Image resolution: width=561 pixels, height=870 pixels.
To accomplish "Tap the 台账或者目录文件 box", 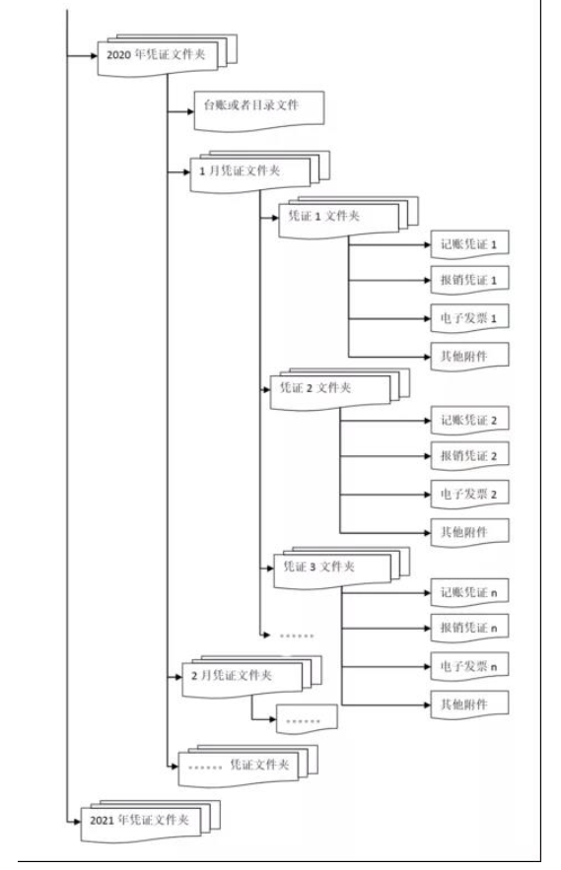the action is [259, 111].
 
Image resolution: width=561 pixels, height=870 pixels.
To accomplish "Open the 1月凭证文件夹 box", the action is [250, 173].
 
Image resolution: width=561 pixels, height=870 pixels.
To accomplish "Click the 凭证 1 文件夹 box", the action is [339, 218].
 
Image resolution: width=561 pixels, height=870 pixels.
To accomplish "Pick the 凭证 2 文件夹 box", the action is [330, 389].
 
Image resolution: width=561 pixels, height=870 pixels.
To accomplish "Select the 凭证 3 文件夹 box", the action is [332, 569].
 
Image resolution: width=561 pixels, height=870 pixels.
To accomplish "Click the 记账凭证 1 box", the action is [469, 244].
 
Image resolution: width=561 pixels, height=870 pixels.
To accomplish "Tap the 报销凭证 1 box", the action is [469, 280].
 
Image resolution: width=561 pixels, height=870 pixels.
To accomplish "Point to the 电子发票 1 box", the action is [469, 318].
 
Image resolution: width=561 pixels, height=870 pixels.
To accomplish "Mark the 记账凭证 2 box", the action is [469, 420].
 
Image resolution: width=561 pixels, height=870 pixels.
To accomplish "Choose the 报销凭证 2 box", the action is [469, 456].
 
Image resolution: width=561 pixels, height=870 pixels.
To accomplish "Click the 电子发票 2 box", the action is [469, 495].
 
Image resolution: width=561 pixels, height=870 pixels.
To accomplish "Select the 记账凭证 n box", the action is [469, 592].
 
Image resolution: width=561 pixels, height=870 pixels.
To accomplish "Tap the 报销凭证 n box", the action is [469, 628].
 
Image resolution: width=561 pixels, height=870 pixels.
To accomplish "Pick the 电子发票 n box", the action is [469, 666].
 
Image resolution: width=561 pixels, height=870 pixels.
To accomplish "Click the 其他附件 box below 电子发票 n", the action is [469, 704].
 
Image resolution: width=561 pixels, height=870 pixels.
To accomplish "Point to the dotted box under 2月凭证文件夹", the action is [307, 719].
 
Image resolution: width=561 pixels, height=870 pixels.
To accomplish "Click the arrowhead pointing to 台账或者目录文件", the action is [190, 111].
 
